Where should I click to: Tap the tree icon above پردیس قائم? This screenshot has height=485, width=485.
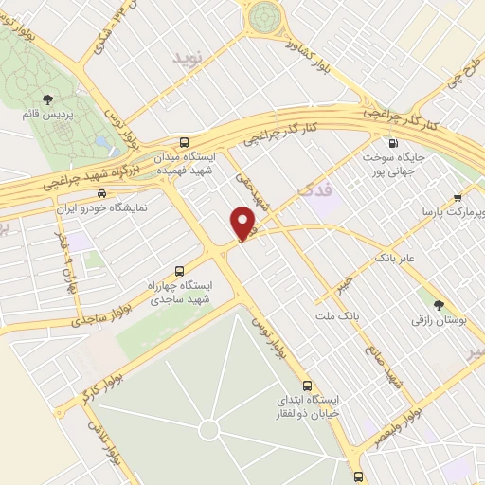(x=47, y=99)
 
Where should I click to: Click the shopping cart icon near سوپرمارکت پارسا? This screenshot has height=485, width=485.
(x=458, y=198)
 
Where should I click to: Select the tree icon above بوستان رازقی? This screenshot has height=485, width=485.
(x=439, y=304)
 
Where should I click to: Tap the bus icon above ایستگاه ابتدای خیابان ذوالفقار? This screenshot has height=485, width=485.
(x=306, y=385)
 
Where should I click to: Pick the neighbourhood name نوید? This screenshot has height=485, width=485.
(x=188, y=59)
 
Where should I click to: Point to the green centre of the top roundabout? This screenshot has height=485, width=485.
(x=265, y=15)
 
